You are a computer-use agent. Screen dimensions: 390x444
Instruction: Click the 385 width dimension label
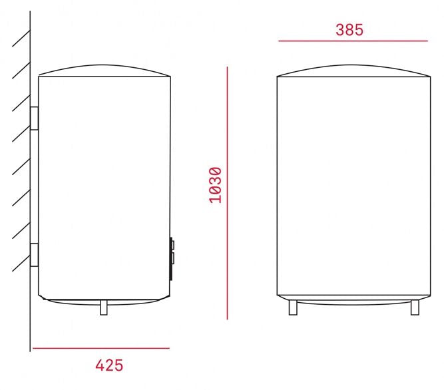click(x=349, y=29)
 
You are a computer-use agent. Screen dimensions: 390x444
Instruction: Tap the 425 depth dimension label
click(x=109, y=365)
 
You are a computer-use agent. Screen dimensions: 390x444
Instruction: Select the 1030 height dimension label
click(x=215, y=185)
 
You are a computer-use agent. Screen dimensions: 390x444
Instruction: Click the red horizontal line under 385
click(x=353, y=41)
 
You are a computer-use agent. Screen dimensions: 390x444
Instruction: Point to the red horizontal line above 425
click(x=101, y=348)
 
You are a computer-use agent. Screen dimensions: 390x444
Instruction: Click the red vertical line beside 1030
click(x=227, y=193)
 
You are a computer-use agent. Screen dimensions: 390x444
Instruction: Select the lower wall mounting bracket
click(x=34, y=255)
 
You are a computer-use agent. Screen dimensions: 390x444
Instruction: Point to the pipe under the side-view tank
click(x=103, y=307)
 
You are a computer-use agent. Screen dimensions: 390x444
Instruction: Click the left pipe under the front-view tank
click(x=293, y=307)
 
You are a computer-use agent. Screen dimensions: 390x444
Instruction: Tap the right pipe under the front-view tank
click(x=415, y=307)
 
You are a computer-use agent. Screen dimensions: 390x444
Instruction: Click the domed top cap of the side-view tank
click(x=105, y=70)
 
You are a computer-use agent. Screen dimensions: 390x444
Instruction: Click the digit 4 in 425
click(x=99, y=365)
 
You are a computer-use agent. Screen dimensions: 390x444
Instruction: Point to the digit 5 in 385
click(x=359, y=29)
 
